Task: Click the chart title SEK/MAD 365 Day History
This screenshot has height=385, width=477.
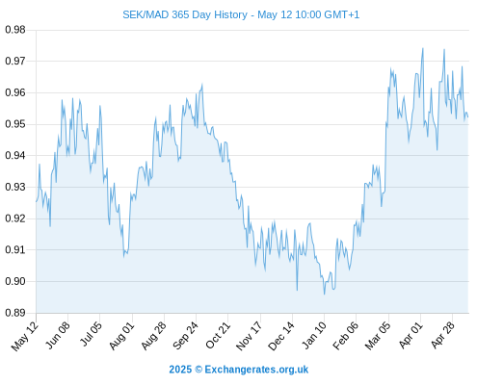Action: (185, 15)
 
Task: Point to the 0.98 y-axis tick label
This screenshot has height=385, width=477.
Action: (15, 30)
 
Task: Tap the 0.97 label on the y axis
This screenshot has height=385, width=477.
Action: (15, 61)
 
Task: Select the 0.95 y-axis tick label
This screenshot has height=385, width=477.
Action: (15, 124)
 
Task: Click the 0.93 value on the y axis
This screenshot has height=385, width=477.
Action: (15, 187)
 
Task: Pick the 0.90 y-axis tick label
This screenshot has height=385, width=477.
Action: (15, 281)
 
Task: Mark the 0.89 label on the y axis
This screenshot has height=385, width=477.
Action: (15, 313)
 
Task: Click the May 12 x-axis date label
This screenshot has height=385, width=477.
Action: (25, 336)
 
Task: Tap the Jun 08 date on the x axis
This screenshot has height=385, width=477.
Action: (58, 335)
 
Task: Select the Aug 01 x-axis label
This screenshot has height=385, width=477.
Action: (121, 336)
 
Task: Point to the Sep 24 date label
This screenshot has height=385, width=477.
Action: (185, 336)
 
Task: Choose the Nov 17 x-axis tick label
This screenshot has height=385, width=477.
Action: (249, 336)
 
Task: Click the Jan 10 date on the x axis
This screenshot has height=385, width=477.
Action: (314, 335)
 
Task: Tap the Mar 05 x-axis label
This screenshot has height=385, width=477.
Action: (378, 336)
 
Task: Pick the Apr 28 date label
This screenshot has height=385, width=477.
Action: (442, 335)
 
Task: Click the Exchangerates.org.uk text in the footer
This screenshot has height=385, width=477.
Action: (256, 370)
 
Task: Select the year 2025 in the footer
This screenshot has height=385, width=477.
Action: (180, 370)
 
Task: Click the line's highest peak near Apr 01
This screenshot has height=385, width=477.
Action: (423, 48)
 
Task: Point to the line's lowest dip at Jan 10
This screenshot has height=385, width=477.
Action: (324, 294)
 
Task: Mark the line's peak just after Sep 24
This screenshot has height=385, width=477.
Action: (202, 85)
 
